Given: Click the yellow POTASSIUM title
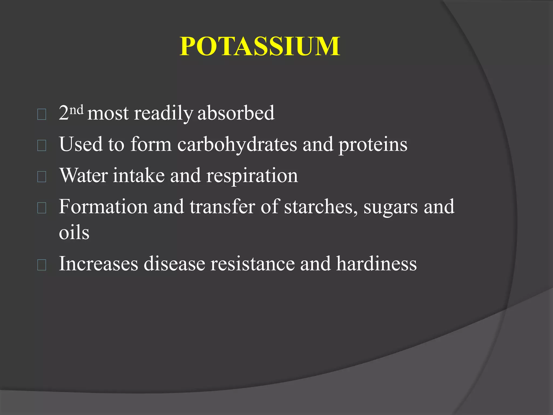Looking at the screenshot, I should coord(260,46).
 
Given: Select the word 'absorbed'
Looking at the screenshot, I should coord(236,113).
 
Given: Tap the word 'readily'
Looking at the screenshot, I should coord(163,113).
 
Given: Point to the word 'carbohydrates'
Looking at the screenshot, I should coord(237,144).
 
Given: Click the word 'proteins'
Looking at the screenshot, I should coord(373,145).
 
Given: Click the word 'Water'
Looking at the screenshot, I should coord(83,175).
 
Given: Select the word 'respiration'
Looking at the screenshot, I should coord(252,176).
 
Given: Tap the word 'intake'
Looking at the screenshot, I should coord(139,175).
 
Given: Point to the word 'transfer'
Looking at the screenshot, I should coord(222,207).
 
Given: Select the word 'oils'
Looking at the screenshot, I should coord(74,233).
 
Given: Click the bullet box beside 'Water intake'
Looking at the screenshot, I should coord(42,177).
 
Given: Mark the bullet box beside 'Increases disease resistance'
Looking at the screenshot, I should coord(42,265).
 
